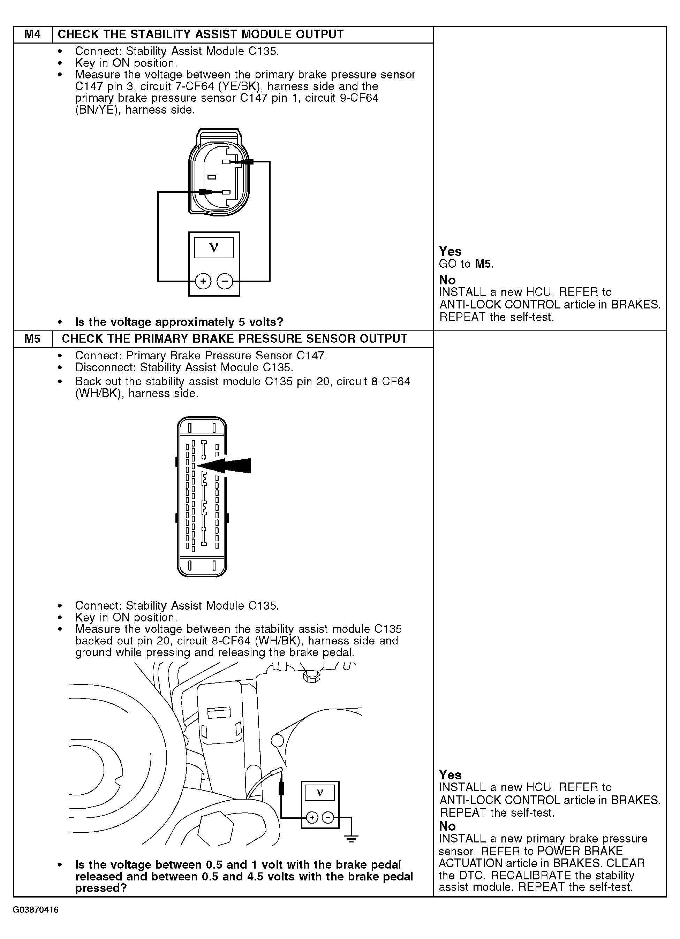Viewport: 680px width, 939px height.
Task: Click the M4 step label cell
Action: pos(32,35)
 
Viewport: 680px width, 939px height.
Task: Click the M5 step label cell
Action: pos(32,339)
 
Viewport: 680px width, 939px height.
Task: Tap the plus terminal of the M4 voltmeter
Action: pos(203,282)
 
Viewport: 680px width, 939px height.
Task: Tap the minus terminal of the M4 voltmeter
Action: pos(225,282)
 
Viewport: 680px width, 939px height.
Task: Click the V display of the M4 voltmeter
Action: pos(214,248)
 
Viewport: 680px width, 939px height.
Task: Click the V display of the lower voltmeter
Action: pos(320,793)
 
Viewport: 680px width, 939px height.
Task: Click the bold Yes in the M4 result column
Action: pos(450,251)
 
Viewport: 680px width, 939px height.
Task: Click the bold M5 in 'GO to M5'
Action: pos(483,264)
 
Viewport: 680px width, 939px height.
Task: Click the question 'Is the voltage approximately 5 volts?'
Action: pos(179,322)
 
